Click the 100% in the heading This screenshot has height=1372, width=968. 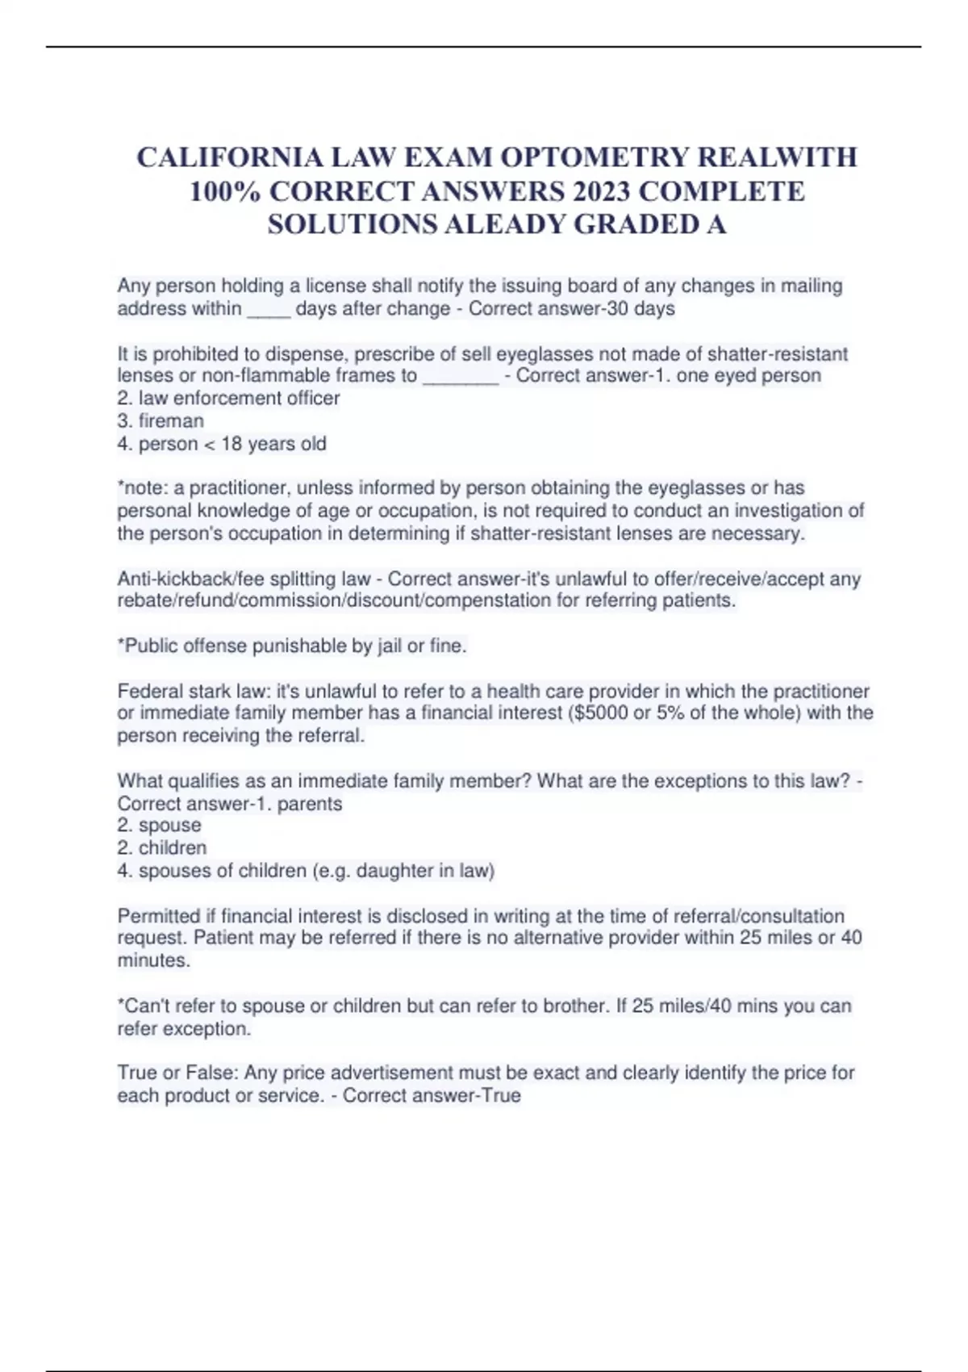[x=224, y=191]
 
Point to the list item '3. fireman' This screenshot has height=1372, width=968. [x=161, y=420]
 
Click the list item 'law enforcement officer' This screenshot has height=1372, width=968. [x=239, y=398]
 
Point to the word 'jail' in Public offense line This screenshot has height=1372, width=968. [x=390, y=646]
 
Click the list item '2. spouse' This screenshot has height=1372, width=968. [x=160, y=825]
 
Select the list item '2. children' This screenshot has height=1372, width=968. [x=162, y=847]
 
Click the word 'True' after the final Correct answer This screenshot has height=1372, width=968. [x=501, y=1095]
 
